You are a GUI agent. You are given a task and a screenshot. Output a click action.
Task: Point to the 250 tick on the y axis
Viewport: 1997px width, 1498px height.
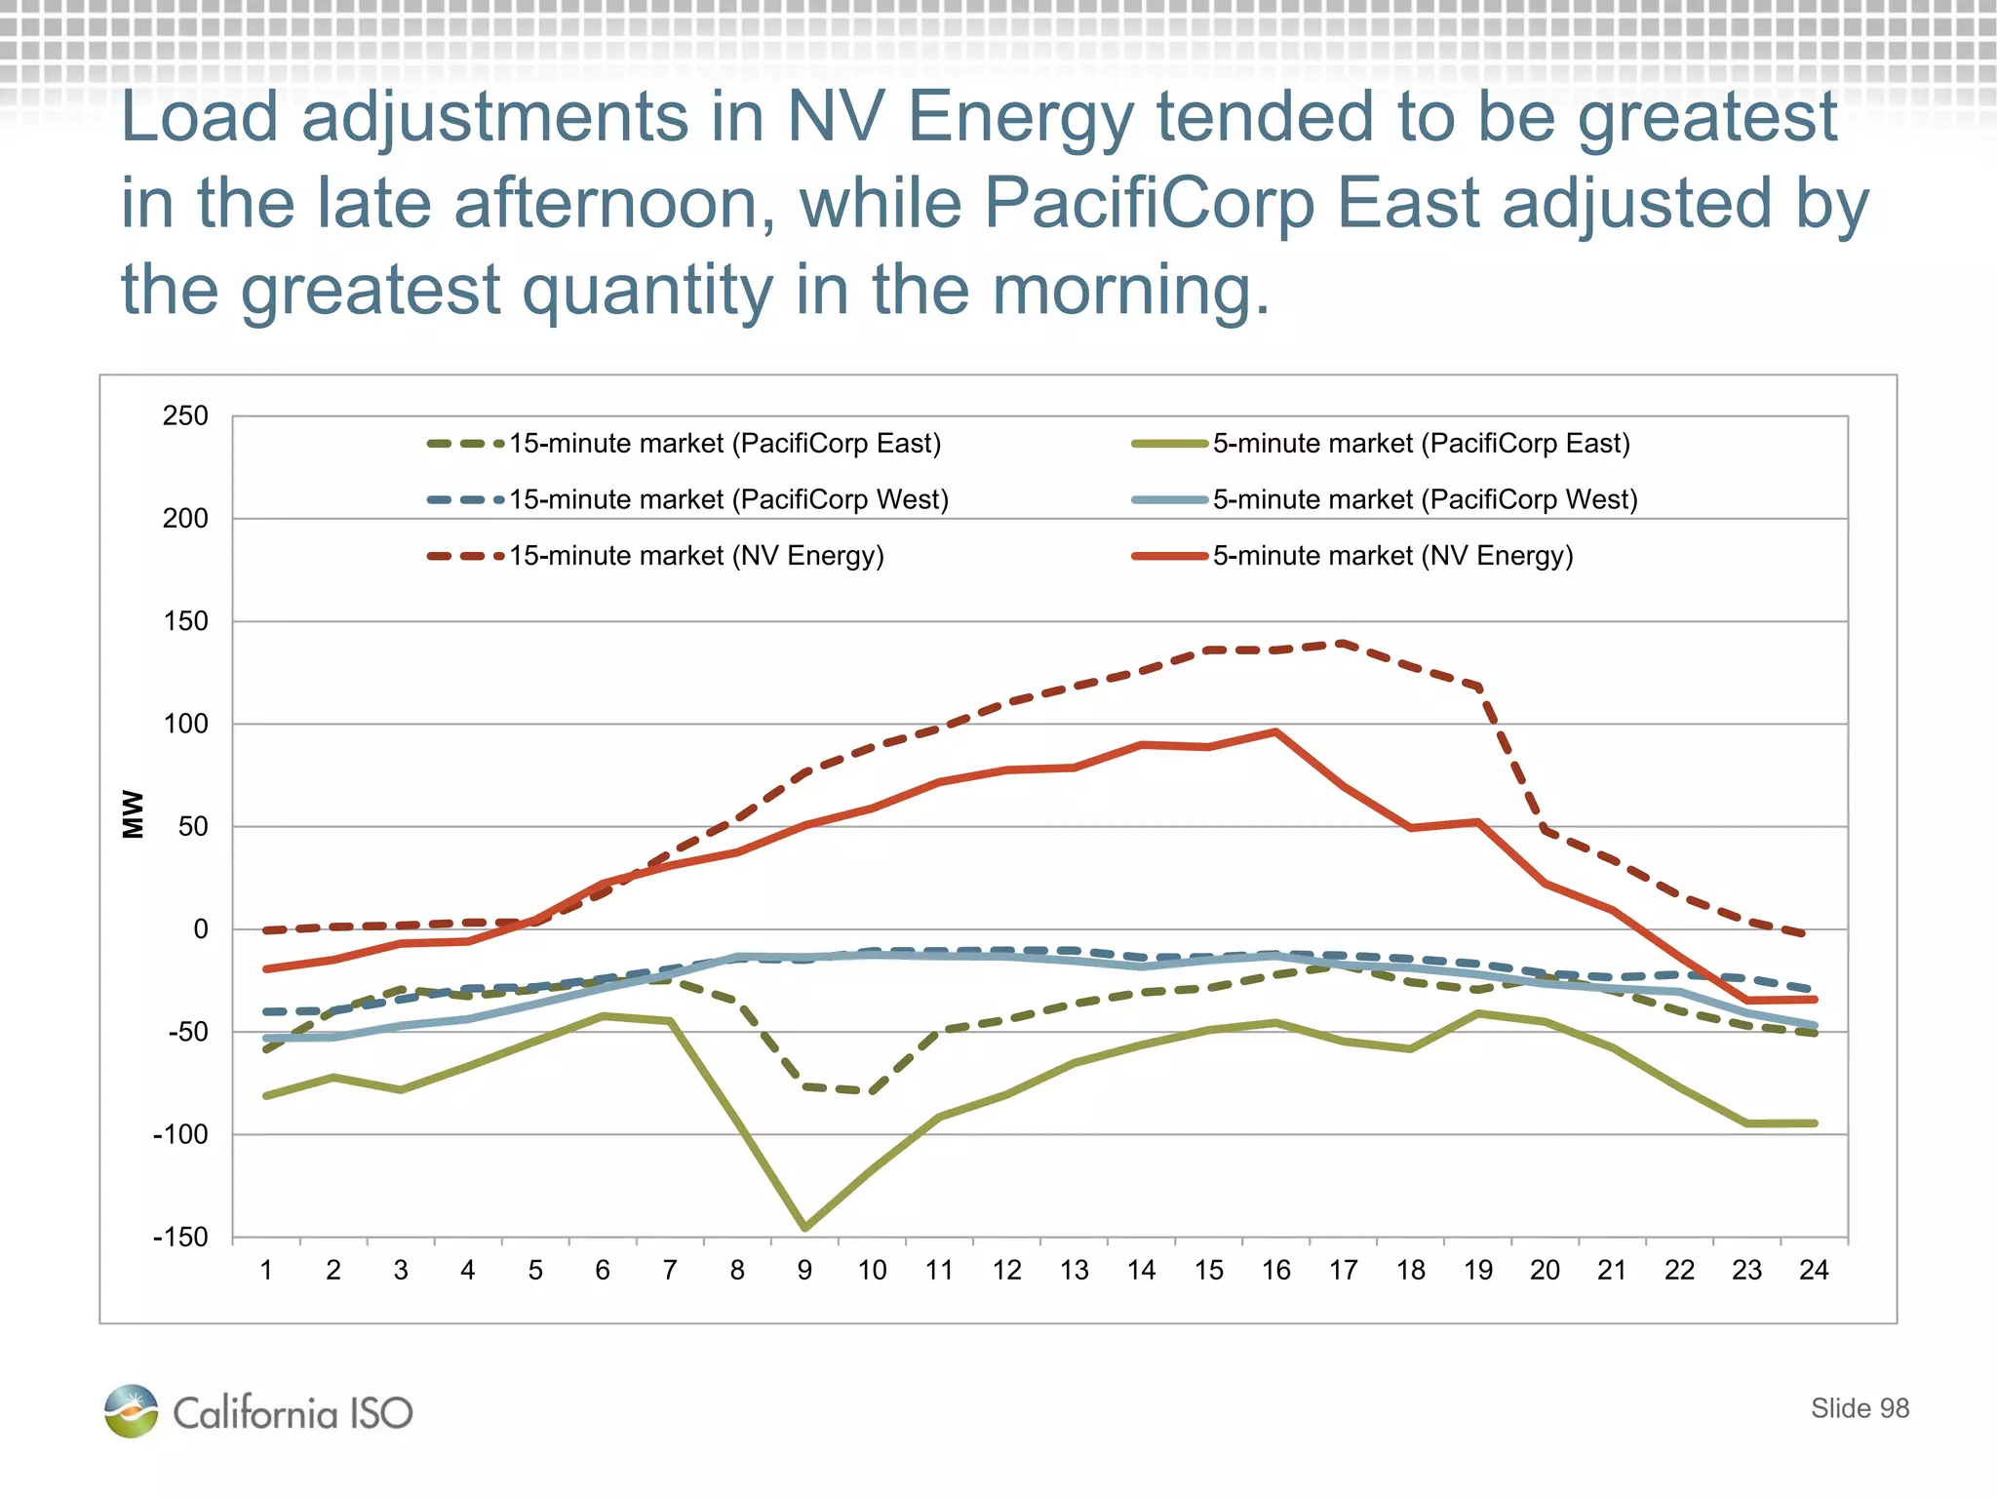(185, 416)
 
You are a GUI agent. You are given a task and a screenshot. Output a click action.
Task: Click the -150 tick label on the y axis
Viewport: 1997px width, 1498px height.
(181, 1238)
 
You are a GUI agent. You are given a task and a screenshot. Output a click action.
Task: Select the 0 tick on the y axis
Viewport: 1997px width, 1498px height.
(200, 929)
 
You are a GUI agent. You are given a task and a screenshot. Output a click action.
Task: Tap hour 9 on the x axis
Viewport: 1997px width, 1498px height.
(804, 1270)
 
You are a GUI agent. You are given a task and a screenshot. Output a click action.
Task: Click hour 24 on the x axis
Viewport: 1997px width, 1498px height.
(1814, 1270)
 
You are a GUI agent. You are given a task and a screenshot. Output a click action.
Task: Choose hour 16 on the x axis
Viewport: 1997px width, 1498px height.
(1275, 1270)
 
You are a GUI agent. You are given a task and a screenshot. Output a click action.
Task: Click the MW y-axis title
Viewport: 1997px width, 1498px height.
(133, 813)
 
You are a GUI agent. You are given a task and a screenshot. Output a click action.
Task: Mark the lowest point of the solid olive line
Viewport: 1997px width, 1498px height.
(804, 1228)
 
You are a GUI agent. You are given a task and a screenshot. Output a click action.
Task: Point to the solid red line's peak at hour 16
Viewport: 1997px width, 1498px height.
(1275, 731)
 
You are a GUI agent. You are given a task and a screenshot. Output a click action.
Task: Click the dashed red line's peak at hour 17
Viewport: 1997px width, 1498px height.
(1343, 644)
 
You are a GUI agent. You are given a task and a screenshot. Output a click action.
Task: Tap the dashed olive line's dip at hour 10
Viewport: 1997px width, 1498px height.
(871, 1091)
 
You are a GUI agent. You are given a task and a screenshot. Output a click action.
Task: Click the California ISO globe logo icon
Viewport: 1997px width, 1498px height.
(132, 1411)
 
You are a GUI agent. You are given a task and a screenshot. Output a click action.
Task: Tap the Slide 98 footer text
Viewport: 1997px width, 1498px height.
(1860, 1408)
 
